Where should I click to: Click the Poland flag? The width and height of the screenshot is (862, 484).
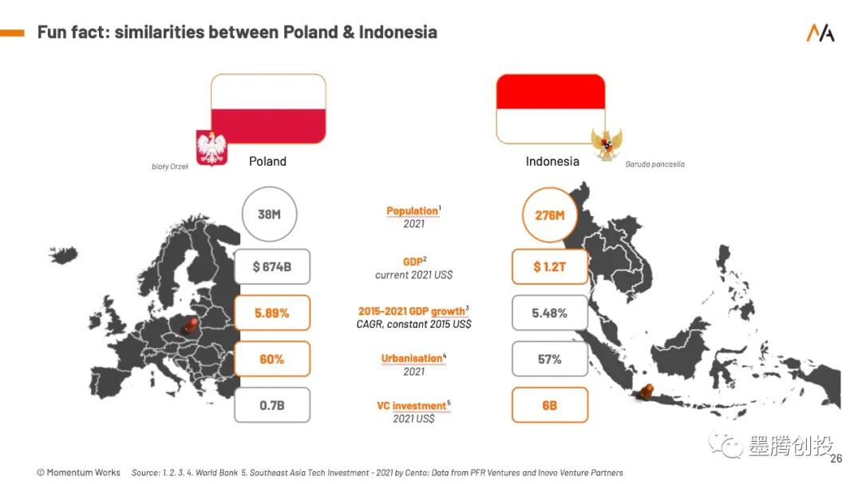tap(268, 108)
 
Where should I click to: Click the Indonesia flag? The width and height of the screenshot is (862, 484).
tap(550, 108)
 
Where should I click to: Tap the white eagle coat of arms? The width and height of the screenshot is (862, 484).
tap(212, 148)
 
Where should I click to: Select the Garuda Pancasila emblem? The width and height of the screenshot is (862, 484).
tap(607, 144)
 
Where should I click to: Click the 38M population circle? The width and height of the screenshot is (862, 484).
tap(270, 214)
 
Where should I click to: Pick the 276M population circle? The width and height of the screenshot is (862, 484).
tap(550, 214)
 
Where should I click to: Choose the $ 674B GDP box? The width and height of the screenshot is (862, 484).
tap(272, 266)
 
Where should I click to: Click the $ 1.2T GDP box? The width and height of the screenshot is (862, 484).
tap(550, 266)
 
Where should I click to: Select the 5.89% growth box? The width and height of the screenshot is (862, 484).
tap(272, 313)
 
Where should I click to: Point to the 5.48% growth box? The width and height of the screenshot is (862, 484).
tap(550, 313)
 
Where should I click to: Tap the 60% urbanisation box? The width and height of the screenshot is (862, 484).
tap(272, 359)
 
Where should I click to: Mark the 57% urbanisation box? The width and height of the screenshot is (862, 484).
tap(550, 359)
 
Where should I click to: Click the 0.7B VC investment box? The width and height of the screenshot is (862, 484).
tap(272, 405)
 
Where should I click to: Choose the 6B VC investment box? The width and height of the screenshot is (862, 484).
tap(550, 405)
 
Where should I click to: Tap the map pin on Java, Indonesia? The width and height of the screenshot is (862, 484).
tap(646, 392)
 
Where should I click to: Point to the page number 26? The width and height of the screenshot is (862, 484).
tap(836, 458)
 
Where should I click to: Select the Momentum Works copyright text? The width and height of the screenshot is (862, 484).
tap(78, 473)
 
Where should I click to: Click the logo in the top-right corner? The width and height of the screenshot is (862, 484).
tap(820, 33)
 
